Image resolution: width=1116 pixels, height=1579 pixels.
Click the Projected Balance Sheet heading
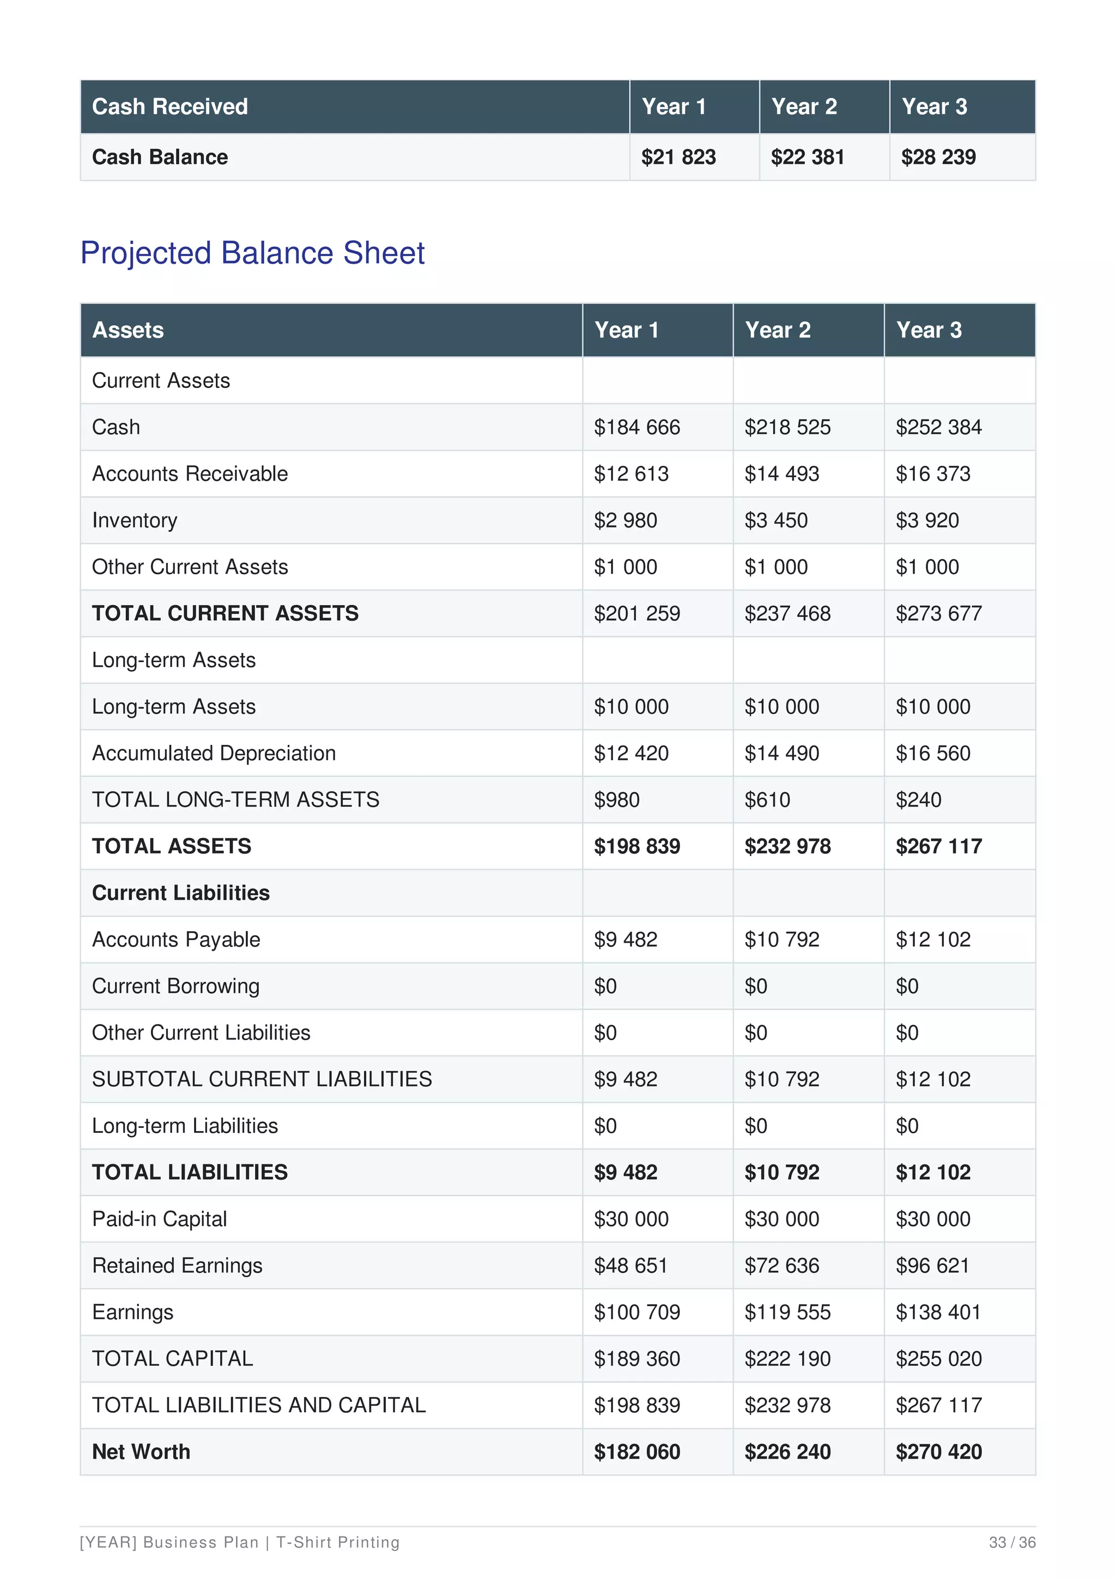252,253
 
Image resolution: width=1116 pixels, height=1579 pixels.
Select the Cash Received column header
170,107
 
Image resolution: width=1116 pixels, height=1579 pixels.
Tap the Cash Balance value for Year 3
938,157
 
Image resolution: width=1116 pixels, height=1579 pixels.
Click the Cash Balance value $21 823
678,157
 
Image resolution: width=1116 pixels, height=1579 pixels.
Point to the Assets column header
128,330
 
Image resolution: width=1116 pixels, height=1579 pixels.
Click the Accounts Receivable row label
190,474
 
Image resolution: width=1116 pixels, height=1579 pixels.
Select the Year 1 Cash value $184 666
636,427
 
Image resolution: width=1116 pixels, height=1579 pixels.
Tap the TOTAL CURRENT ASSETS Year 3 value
938,614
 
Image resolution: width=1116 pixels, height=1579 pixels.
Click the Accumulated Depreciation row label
214,753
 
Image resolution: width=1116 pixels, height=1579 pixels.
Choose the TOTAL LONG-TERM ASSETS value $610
767,800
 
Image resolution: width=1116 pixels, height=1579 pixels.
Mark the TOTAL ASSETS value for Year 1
636,847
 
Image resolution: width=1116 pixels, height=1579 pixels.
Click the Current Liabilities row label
181,892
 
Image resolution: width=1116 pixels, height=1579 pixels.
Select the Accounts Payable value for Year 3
932,939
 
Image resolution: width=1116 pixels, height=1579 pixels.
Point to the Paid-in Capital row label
160,1219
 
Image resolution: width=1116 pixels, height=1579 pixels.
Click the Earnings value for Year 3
938,1312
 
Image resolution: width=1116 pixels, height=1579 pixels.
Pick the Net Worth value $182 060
636,1452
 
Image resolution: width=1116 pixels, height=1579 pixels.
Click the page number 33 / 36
1011,1542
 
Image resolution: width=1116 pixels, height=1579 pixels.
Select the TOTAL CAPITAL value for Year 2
787,1358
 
